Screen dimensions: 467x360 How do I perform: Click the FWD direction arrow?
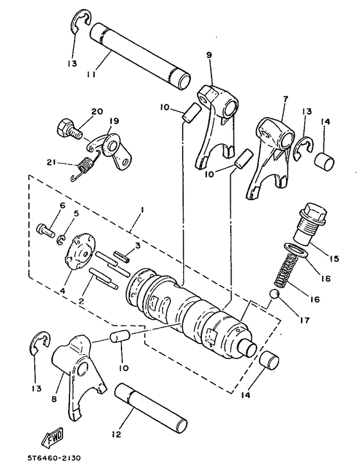click(x=51, y=439)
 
